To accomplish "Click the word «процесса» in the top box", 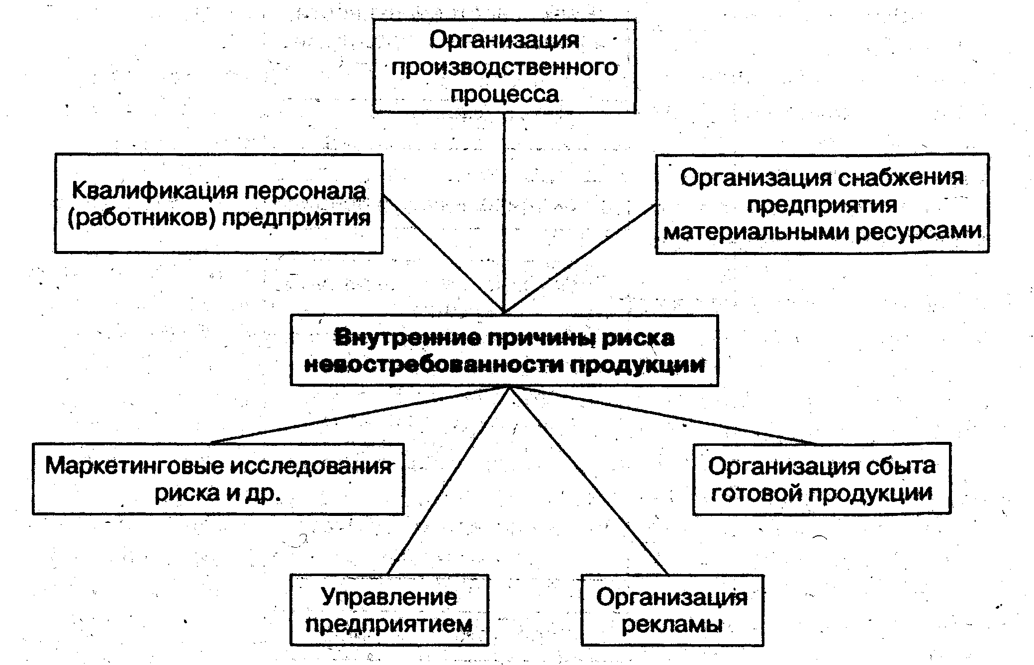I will point(504,94).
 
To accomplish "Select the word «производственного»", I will point(504,67).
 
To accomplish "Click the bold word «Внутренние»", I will point(408,338).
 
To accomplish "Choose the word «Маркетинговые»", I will point(134,466).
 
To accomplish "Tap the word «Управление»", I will point(389,597).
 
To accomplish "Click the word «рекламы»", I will point(672,624).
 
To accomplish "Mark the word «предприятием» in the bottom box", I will point(389,624).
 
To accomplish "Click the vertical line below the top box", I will point(504,209).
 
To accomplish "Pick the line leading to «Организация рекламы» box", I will point(587,480).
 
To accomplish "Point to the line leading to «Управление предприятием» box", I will point(448,480).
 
